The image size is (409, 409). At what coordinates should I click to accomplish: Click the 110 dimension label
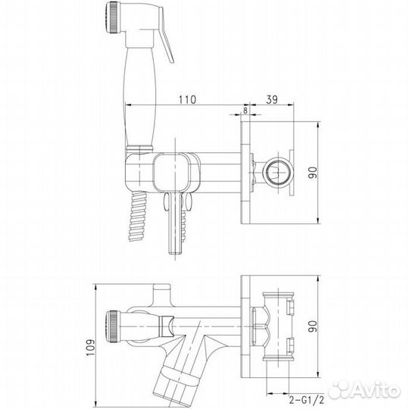click(187, 99)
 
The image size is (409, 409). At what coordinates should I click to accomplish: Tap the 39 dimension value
click(272, 99)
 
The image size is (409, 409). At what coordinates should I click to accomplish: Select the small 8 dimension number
click(245, 111)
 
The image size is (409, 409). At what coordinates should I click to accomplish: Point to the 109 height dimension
click(90, 347)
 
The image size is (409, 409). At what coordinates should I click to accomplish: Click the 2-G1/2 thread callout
click(306, 399)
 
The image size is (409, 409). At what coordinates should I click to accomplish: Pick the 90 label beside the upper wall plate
click(313, 173)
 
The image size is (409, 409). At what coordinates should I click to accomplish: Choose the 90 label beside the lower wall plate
click(313, 326)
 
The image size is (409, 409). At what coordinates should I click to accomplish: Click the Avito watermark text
click(365, 391)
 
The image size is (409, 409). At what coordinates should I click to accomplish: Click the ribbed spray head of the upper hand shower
click(112, 17)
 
